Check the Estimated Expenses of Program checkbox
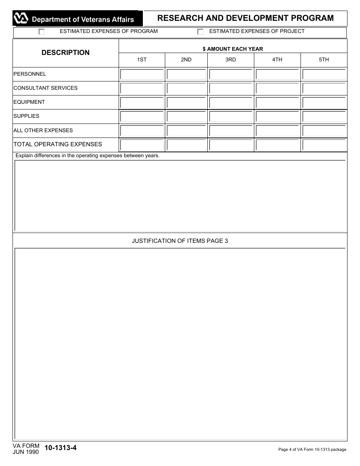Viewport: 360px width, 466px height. click(42, 32)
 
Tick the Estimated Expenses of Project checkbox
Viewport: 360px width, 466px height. click(200, 32)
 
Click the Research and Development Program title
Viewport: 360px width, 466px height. click(245, 18)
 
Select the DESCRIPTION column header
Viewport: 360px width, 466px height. click(66, 53)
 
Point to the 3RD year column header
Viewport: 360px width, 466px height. click(230, 60)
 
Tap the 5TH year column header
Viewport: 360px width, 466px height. click(324, 60)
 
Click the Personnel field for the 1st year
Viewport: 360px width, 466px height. click(142, 74)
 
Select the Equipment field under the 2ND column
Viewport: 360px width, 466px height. click(186, 102)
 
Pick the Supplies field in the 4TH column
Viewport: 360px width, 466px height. click(277, 116)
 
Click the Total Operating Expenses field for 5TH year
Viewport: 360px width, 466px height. click(324, 145)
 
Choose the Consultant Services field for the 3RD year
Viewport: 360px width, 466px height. click(230, 88)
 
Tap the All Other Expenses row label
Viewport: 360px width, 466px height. click(43, 130)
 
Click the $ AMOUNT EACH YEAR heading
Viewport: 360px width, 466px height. click(233, 49)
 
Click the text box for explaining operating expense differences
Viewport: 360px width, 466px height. click(180, 195)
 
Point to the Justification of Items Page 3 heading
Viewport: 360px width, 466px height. click(180, 241)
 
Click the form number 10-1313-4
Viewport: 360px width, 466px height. click(61, 448)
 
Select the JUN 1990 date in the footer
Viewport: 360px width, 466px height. click(25, 452)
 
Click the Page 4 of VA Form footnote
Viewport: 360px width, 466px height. click(312, 450)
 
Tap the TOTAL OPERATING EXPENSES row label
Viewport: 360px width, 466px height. click(58, 144)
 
